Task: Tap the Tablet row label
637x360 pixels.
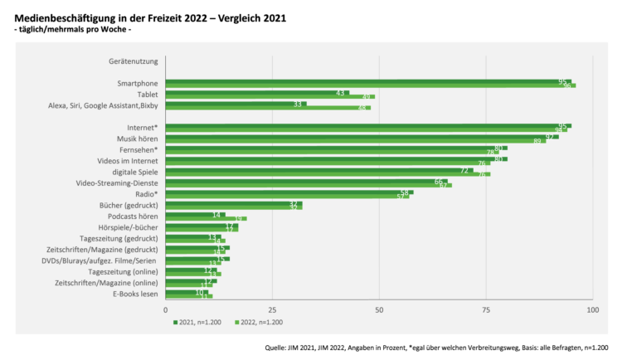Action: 147,95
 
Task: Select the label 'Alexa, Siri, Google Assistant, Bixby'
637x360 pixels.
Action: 103,105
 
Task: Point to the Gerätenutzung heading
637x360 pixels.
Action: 133,61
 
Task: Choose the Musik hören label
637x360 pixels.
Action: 136,138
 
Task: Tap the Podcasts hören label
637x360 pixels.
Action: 133,216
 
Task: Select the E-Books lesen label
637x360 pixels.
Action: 135,294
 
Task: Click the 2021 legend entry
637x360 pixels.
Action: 199,322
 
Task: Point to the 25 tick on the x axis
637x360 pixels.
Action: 272,309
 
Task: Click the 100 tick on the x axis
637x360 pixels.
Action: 592,309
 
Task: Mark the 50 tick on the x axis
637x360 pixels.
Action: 379,309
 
